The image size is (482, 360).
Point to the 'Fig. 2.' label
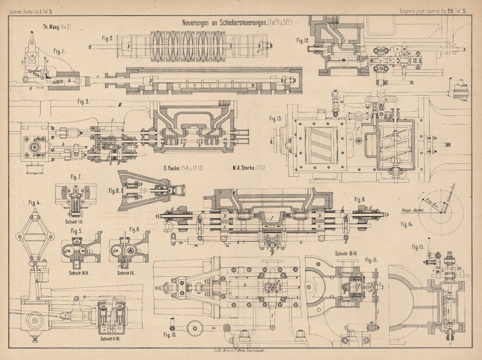click(108, 39)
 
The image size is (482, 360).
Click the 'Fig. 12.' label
click(302, 40)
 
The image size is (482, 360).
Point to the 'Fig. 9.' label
click(360, 200)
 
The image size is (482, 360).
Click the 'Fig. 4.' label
click(36, 202)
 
